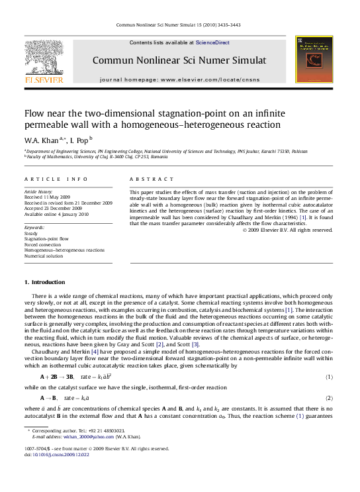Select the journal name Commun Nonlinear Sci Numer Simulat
pos(179,60)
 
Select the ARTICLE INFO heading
pos(56,179)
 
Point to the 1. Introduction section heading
pos(45,283)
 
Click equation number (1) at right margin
pos(329,377)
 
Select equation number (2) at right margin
pos(329,398)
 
